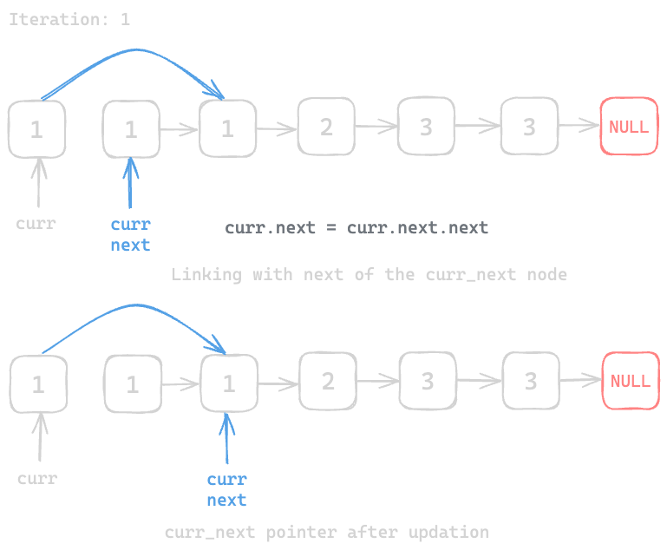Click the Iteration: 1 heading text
click(x=69, y=19)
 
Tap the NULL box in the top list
click(x=629, y=127)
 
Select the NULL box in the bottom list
click(x=631, y=381)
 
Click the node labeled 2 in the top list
click(x=326, y=127)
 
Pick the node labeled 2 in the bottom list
click(x=328, y=381)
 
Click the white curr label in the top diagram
click(x=36, y=224)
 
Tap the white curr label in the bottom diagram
click(x=37, y=479)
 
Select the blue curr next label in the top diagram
click(x=130, y=235)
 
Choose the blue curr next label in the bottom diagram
click(x=226, y=490)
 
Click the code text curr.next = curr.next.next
click(x=356, y=228)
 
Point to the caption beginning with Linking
click(x=369, y=275)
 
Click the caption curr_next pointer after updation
click(x=326, y=532)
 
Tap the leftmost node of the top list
click(x=36, y=129)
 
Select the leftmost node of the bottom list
click(x=38, y=384)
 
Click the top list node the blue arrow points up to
click(x=131, y=129)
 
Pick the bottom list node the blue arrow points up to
click(x=228, y=384)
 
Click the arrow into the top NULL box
click(x=579, y=127)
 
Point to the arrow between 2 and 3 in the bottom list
click(x=377, y=381)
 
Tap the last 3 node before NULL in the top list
click(x=529, y=127)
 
